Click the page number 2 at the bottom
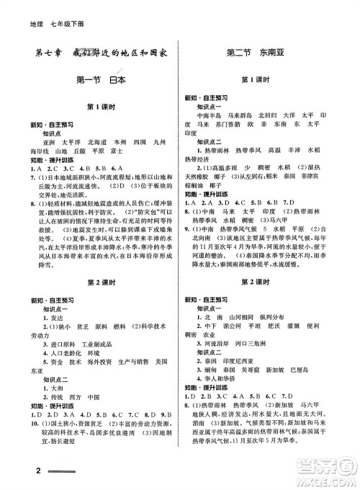(x=16, y=471)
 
